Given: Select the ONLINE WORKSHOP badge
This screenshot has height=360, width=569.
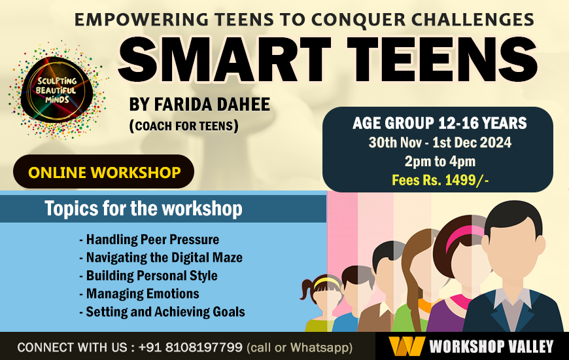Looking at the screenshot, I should click(104, 173).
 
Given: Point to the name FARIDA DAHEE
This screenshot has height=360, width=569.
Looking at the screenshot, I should click(199, 105).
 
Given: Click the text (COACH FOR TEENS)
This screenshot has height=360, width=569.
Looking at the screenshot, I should click(184, 125).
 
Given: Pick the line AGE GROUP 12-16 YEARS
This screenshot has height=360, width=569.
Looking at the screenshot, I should click(440, 124).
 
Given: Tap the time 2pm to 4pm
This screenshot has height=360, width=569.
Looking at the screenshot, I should click(440, 161).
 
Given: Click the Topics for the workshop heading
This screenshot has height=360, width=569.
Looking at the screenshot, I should click(143, 209).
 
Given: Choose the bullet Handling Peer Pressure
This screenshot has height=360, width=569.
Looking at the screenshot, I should click(149, 239).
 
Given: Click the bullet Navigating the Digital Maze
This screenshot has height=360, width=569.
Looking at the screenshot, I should click(161, 257).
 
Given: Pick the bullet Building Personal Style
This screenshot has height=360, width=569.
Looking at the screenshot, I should click(148, 276).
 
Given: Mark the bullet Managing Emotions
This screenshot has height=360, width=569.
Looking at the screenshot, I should click(139, 293).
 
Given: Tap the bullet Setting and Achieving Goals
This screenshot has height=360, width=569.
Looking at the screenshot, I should click(162, 312).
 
